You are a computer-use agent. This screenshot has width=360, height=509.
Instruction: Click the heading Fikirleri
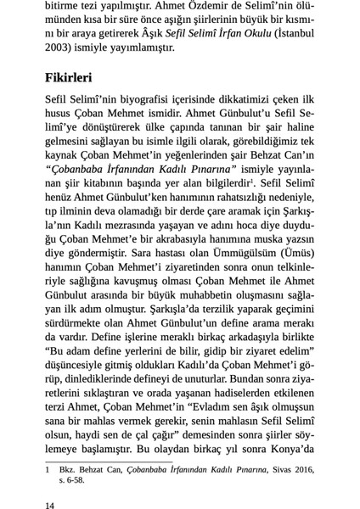[69, 77]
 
